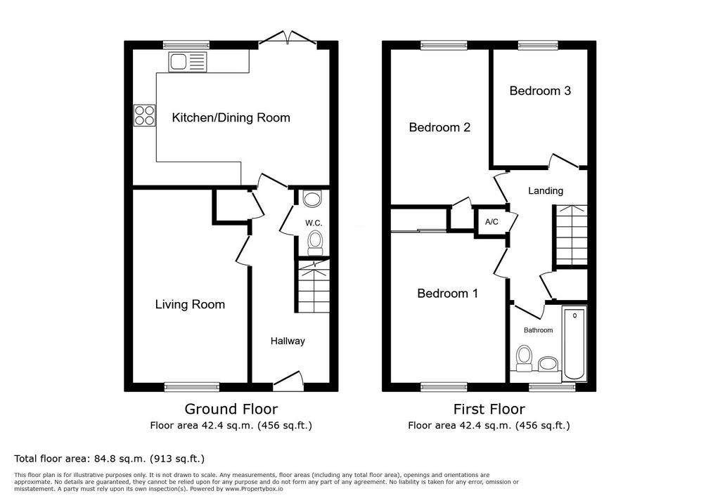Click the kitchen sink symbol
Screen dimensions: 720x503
(187, 62)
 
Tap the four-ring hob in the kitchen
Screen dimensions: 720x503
(144, 116)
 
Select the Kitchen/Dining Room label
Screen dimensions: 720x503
(231, 118)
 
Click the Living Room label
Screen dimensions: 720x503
(190, 304)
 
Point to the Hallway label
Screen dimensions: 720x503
(288, 341)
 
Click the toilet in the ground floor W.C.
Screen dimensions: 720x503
(315, 243)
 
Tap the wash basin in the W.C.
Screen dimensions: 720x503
(313, 200)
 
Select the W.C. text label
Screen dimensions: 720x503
(314, 223)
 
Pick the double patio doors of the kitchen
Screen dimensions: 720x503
(288, 38)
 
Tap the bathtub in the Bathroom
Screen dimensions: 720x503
(574, 344)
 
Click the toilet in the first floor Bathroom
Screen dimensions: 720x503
(524, 358)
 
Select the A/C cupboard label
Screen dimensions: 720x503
(491, 222)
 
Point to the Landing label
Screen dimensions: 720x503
(546, 191)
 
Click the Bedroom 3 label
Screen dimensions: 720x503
(540, 91)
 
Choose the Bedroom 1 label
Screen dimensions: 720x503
(448, 293)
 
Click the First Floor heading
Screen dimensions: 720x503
(489, 409)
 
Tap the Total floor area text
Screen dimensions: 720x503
(109, 459)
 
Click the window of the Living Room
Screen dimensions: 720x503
(192, 387)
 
